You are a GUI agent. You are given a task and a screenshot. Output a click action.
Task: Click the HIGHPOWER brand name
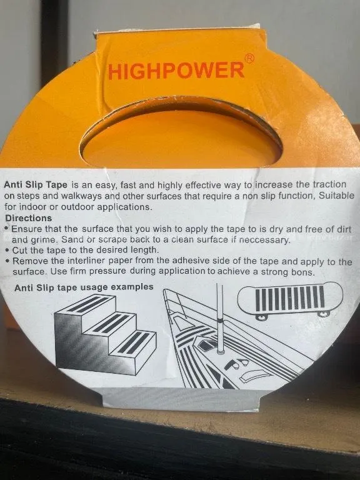tap(177, 71)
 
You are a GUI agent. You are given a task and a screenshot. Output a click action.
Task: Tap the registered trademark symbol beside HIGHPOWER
tap(250, 58)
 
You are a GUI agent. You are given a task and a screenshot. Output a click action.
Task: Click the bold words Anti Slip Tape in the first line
tap(36, 185)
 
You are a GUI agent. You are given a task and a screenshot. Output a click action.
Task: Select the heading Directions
tap(29, 218)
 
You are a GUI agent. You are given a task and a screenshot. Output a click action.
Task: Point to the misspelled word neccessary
tap(264, 240)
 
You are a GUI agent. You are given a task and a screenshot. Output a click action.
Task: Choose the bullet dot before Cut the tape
tap(7, 251)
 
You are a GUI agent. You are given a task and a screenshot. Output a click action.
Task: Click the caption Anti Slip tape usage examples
tap(84, 287)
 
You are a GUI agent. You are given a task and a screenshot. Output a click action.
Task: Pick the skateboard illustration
tap(290, 299)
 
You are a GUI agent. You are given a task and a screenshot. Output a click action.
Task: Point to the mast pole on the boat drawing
tap(219, 318)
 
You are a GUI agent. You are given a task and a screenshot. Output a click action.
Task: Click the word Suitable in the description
tap(336, 196)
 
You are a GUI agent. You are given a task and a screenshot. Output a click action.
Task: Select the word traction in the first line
tap(329, 184)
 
